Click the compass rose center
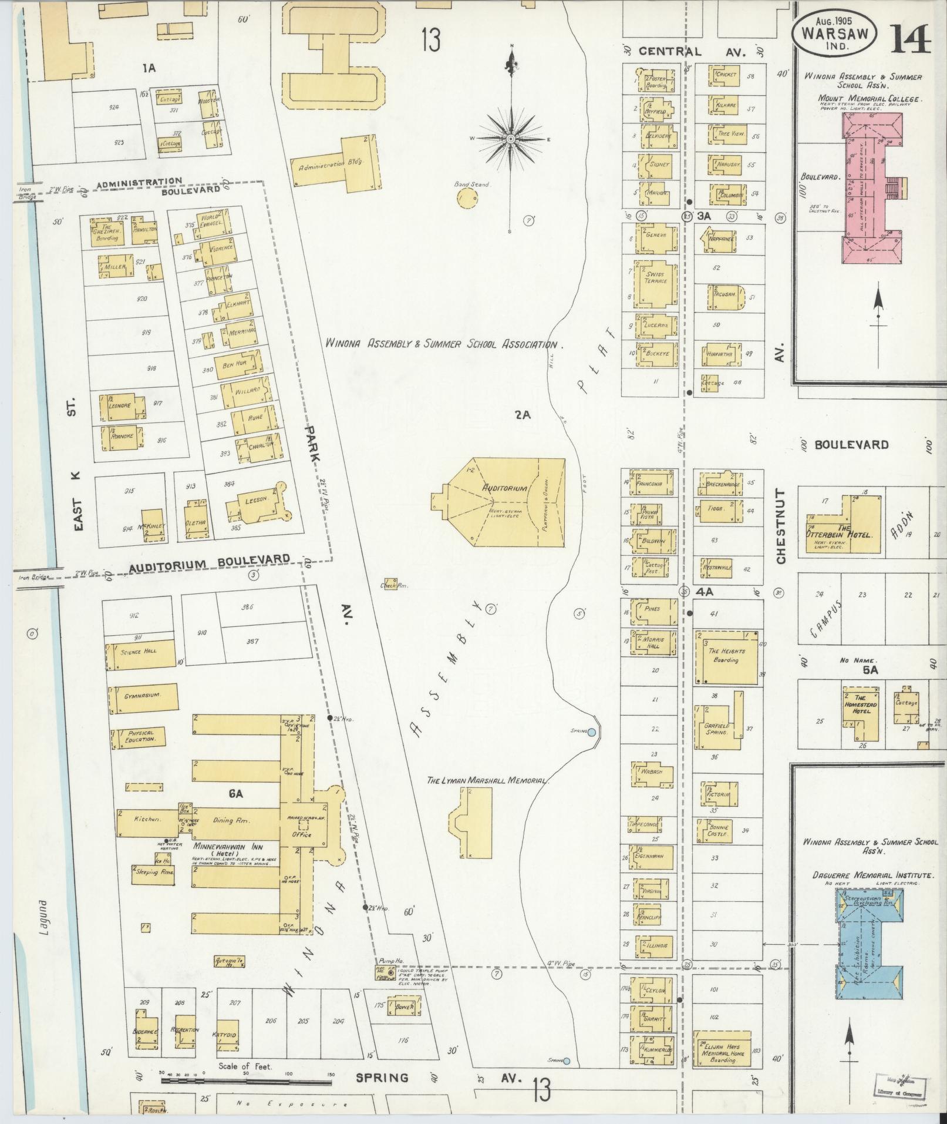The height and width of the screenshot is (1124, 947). [x=511, y=138]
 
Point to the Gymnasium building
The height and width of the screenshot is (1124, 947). [x=143, y=697]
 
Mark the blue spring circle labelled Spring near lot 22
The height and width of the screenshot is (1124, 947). [x=592, y=732]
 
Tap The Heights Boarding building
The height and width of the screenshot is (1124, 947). [x=726, y=656]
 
